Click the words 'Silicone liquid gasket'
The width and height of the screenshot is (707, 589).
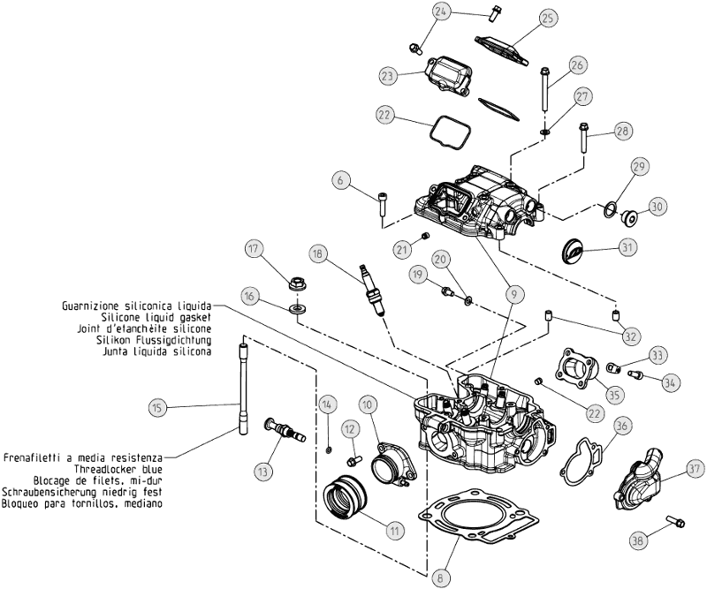(156, 317)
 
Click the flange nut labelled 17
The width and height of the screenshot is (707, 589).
(298, 285)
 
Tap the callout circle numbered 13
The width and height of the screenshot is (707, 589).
(262, 471)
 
